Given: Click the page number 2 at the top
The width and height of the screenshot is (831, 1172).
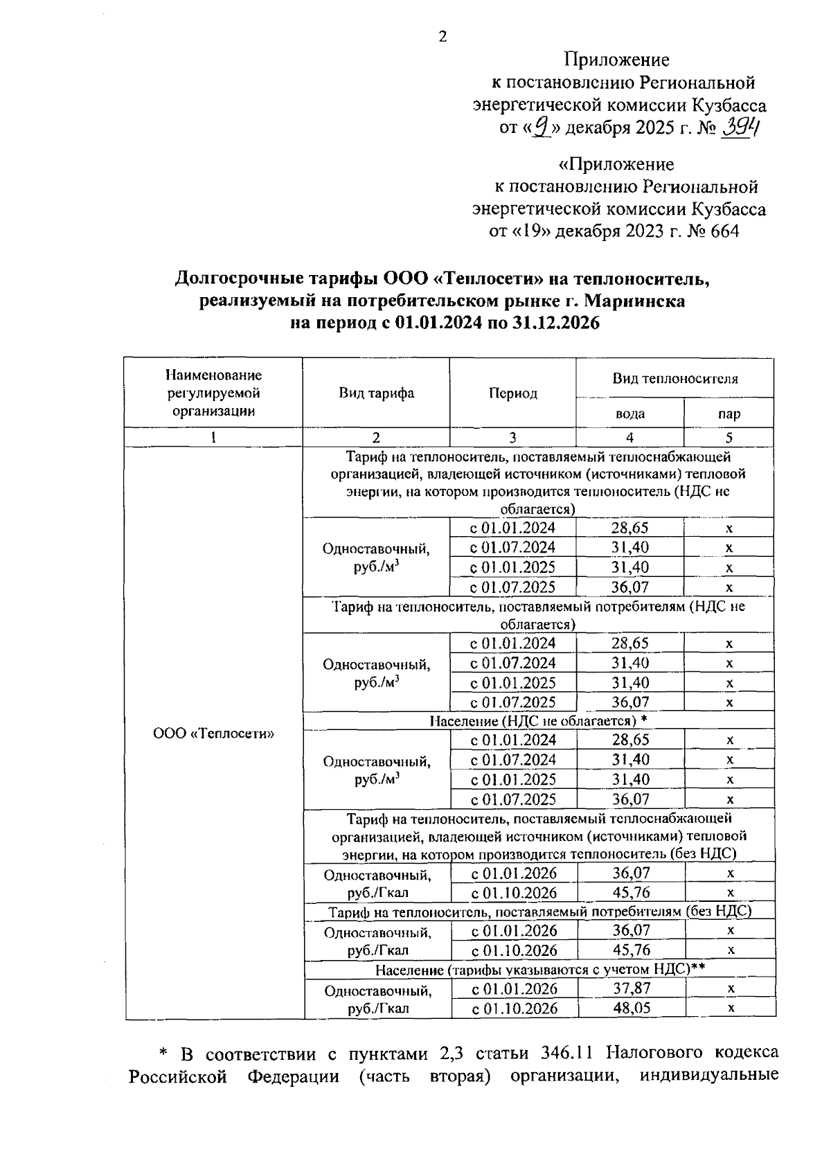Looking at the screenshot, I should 443,37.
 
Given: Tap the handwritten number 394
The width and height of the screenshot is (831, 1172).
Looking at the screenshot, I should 740,127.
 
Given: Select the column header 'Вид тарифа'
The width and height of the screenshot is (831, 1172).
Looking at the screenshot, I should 376,393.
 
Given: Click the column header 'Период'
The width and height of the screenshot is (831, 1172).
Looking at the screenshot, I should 512,393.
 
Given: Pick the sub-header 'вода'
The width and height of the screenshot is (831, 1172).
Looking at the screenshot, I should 629,414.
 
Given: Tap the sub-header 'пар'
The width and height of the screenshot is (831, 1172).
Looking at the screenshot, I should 729,414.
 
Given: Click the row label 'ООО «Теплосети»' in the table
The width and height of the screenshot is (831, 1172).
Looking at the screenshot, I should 213,734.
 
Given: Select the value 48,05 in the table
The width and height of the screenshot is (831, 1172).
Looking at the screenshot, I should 631,1008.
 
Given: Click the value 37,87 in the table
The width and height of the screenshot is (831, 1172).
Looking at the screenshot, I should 631,988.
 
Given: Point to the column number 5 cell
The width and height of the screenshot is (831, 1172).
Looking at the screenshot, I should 729,437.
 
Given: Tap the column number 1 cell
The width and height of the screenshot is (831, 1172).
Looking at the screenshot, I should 213,437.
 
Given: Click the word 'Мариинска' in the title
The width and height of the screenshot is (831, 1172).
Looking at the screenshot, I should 634,301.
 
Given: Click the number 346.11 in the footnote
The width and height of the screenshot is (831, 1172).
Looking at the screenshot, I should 566,1054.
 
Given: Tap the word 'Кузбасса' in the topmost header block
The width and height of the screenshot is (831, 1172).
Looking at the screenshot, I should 729,105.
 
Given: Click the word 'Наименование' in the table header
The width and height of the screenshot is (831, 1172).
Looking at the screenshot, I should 213,375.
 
